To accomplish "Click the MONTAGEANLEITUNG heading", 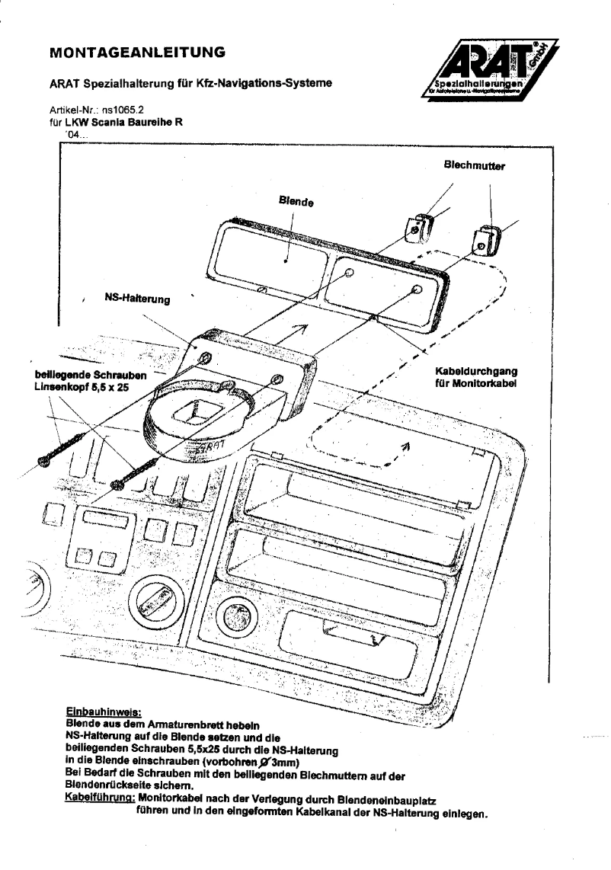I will pos(136,53).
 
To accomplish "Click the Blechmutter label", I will pos(474,165).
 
